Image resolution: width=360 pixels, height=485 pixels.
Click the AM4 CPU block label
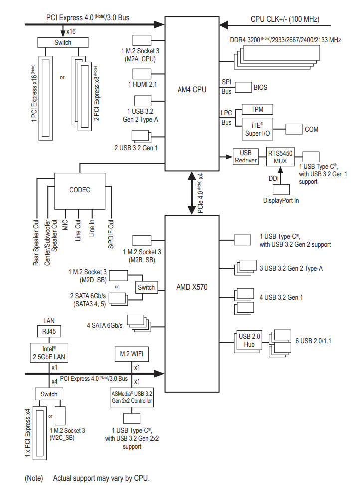click(192, 90)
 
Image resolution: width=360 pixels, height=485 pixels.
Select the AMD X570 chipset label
click(191, 287)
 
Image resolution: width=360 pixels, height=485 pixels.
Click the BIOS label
click(260, 87)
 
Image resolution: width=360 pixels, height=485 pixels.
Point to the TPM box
click(257, 109)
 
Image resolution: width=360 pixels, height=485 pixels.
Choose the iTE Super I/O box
click(257, 129)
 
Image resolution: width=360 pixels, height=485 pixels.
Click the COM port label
click(311, 129)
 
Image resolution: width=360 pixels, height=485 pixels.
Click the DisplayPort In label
click(280, 200)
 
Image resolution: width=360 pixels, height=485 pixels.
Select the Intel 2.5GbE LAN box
click(49, 352)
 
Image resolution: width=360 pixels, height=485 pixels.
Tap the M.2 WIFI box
click(132, 354)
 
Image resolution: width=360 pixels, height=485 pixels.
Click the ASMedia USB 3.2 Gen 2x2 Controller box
click(132, 398)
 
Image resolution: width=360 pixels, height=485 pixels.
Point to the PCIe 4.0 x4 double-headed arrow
click(192, 192)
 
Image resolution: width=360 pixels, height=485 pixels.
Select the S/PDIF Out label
click(111, 236)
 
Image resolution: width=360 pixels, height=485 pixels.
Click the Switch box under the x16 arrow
click(63, 43)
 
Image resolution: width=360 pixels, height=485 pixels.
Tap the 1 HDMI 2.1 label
click(142, 85)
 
